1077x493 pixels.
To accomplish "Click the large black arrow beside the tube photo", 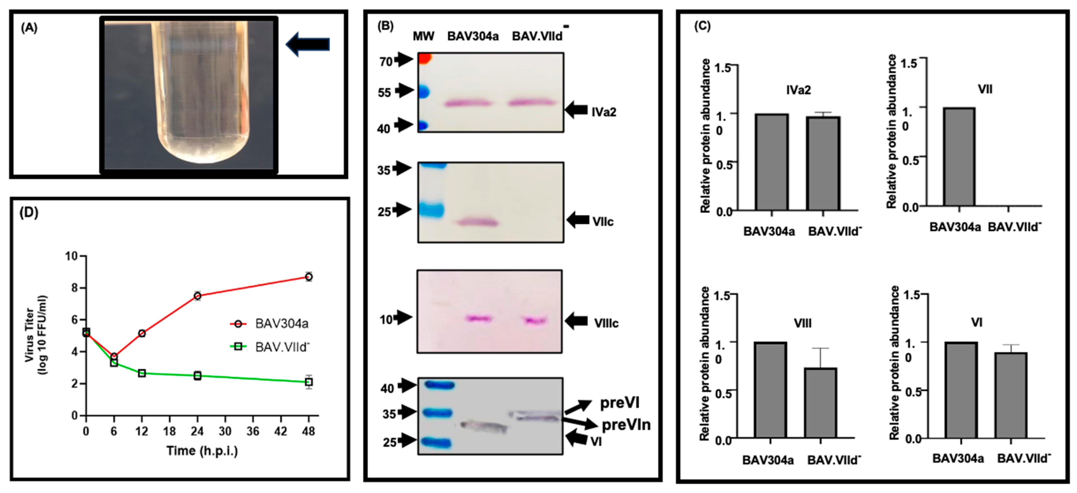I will [x=308, y=44].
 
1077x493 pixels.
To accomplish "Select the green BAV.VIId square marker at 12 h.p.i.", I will [x=142, y=373].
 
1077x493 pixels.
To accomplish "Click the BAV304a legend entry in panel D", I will [x=281, y=323].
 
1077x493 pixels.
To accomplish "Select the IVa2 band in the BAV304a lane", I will [x=467, y=103].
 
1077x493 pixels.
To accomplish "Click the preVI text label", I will [x=619, y=403].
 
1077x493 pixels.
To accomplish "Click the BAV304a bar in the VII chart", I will [x=959, y=157].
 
